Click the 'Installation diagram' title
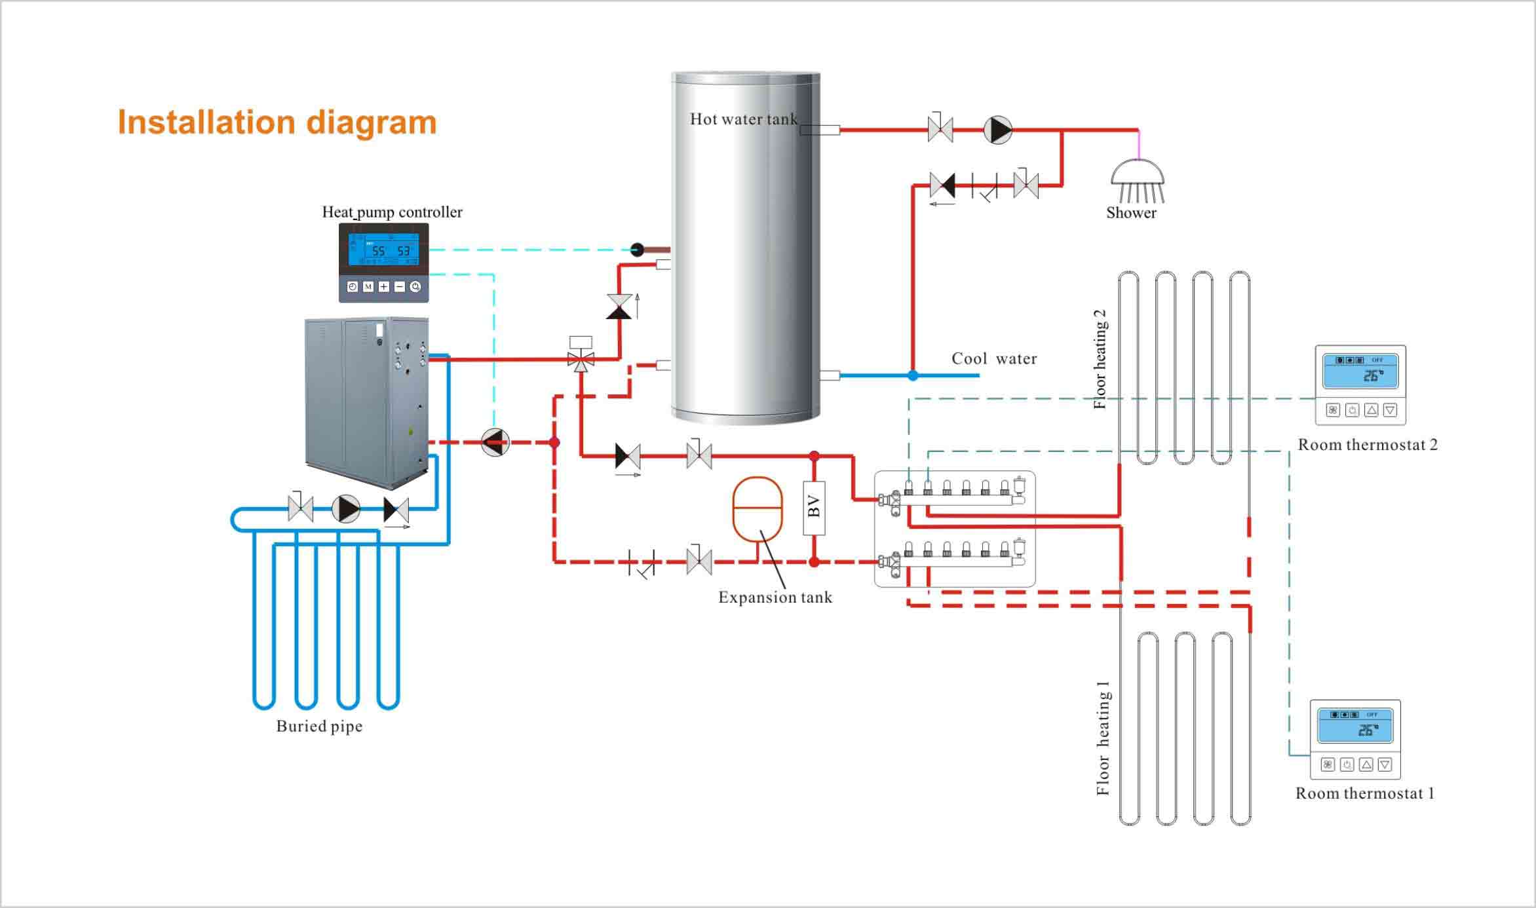pyautogui.click(x=277, y=123)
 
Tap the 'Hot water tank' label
pyautogui.click(x=743, y=119)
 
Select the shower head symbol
pyautogui.click(x=1138, y=181)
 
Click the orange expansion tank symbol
pyautogui.click(x=758, y=509)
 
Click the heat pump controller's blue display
pyautogui.click(x=383, y=250)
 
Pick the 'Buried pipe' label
pyautogui.click(x=319, y=726)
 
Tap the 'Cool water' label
pyautogui.click(x=994, y=358)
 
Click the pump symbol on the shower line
pyautogui.click(x=998, y=130)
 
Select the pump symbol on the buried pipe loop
pyautogui.click(x=345, y=509)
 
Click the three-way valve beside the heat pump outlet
pyautogui.click(x=581, y=359)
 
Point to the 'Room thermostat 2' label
pyautogui.click(x=1368, y=445)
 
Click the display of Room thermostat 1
pyautogui.click(x=1355, y=726)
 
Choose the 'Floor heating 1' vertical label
pyautogui.click(x=1103, y=738)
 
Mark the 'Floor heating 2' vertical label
pyautogui.click(x=1100, y=359)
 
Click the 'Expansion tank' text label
pyautogui.click(x=775, y=597)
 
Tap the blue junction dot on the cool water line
pyautogui.click(x=913, y=375)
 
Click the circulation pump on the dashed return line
pyautogui.click(x=495, y=442)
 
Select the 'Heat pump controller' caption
pyautogui.click(x=392, y=212)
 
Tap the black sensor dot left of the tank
pyautogui.click(x=637, y=249)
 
